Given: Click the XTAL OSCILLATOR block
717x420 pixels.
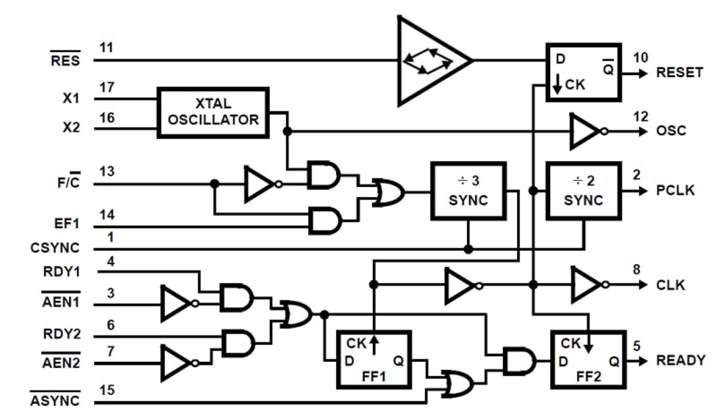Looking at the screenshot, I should pyautogui.click(x=213, y=112).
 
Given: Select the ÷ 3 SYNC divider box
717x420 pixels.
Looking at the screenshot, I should pyautogui.click(x=468, y=191).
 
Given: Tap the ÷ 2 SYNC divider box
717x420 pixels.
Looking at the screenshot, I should pyautogui.click(x=583, y=191).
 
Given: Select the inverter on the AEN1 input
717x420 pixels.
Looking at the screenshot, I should pyautogui.click(x=178, y=303).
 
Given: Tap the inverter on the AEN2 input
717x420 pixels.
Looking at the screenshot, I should pyautogui.click(x=178, y=363).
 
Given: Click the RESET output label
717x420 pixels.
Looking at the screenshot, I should pyautogui.click(x=679, y=72).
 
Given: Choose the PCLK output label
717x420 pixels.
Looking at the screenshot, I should pyautogui.click(x=676, y=190).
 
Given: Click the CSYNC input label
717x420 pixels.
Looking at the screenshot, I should pyautogui.click(x=55, y=249).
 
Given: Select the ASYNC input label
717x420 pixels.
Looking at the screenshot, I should pyautogui.click(x=55, y=401).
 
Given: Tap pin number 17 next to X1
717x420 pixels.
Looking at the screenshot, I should pyautogui.click(x=107, y=88).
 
